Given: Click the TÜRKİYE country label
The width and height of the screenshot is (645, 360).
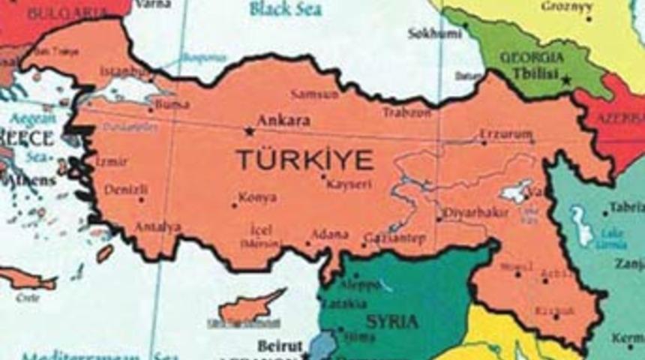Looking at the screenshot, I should tap(304, 159).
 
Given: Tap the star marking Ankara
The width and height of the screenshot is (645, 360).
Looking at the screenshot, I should tap(248, 131).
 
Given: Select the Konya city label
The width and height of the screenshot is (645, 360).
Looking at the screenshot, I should tap(257, 198).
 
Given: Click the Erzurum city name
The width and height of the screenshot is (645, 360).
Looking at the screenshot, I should tap(505, 135).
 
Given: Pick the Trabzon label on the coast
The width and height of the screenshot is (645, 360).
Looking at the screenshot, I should tap(406, 112).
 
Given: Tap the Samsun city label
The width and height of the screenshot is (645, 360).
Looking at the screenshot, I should tap(314, 94).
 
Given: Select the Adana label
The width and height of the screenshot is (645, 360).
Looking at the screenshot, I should tap(329, 233).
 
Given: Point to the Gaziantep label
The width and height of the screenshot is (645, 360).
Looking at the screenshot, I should tap(394, 238).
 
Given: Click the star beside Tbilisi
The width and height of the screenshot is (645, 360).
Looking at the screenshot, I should tap(568, 79).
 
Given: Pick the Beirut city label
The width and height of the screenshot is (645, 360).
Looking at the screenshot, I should tap(279, 346).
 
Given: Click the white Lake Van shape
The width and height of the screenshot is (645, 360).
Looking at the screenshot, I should tap(517, 192).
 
